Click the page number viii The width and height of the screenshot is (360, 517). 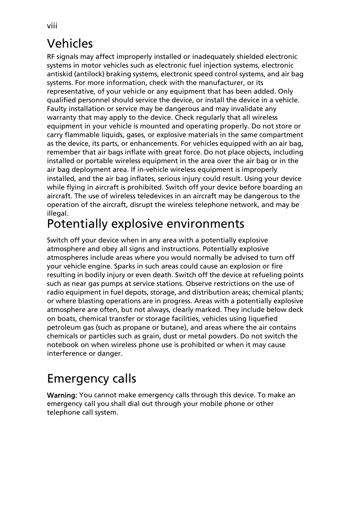coord(52,26)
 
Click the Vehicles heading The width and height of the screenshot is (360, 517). coord(70,43)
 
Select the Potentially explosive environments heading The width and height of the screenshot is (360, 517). coord(146,224)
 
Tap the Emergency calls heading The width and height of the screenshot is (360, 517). coord(92,378)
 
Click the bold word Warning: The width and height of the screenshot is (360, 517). coord(62,395)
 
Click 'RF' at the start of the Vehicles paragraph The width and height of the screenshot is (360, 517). coord(51,57)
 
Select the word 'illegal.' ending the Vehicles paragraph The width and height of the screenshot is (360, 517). coord(58,213)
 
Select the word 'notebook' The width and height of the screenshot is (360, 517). coord(63,345)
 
